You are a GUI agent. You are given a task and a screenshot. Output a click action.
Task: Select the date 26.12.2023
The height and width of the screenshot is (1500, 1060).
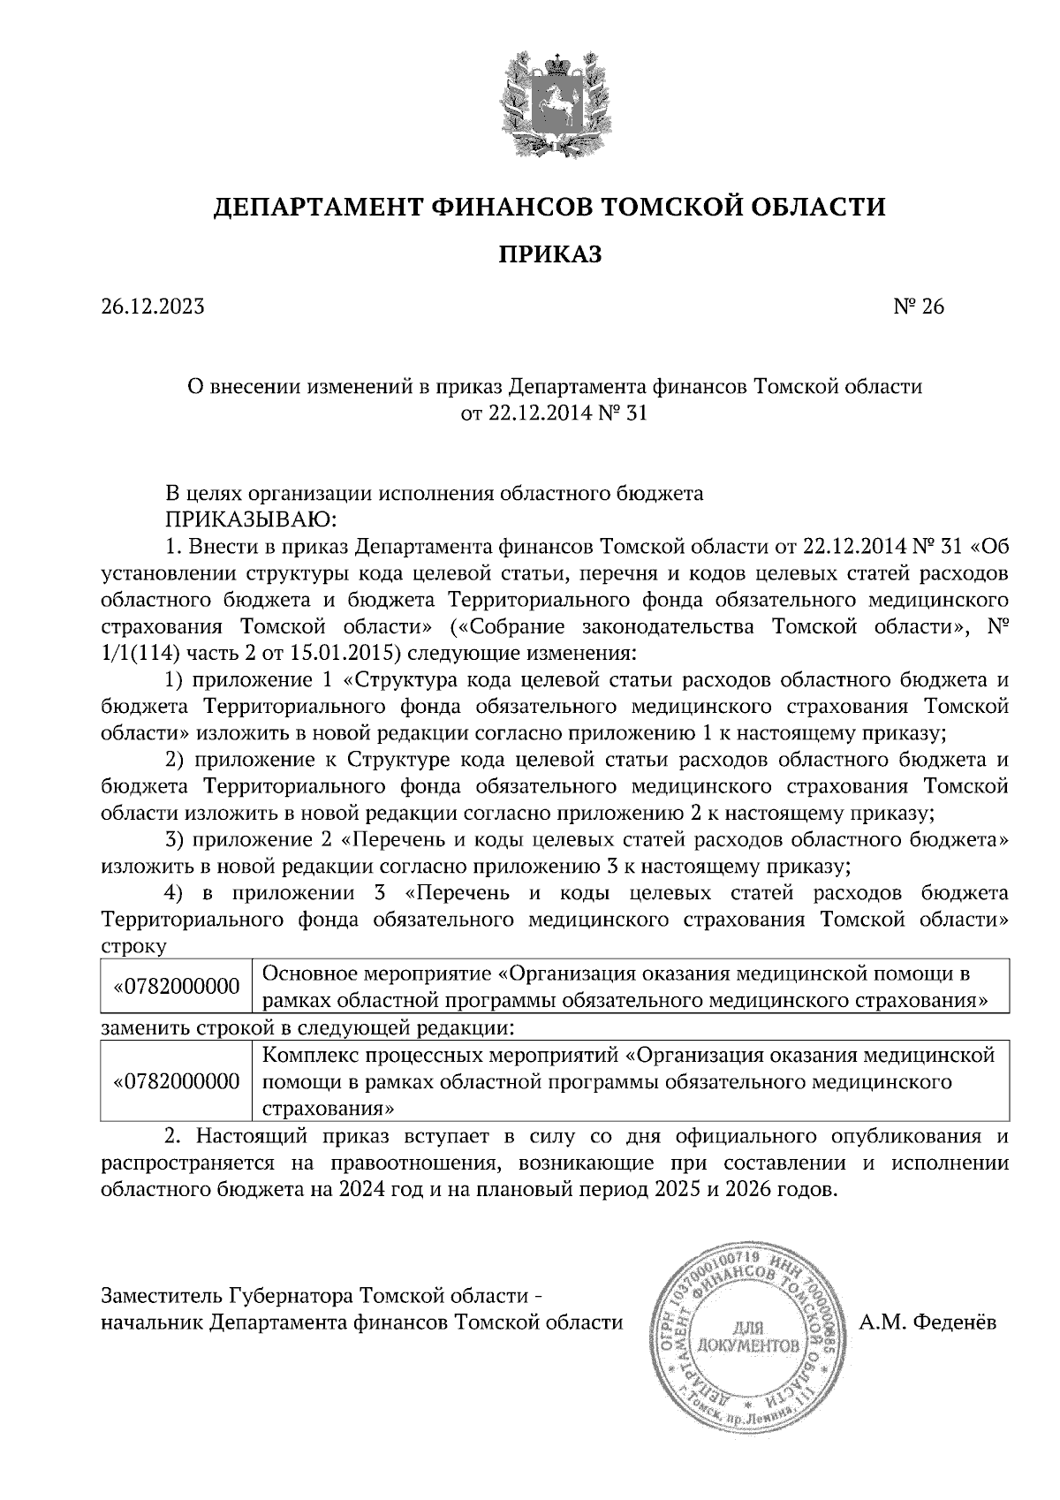(x=153, y=307)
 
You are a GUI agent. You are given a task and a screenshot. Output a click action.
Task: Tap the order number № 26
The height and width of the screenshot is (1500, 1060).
(x=920, y=307)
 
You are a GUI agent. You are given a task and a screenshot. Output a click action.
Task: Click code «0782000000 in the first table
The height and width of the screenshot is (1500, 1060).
(x=177, y=987)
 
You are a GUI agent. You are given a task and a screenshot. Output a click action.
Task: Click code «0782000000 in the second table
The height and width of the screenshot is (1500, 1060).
(x=177, y=1081)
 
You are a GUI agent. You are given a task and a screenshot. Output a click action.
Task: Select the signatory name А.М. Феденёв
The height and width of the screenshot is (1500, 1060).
(x=927, y=1322)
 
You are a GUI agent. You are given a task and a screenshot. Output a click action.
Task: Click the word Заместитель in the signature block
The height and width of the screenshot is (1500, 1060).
(x=161, y=1296)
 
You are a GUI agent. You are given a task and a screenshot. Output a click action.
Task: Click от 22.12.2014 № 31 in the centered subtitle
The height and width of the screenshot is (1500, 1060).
(x=555, y=413)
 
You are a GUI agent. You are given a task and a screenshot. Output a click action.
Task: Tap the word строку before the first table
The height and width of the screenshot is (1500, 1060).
(x=134, y=946)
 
